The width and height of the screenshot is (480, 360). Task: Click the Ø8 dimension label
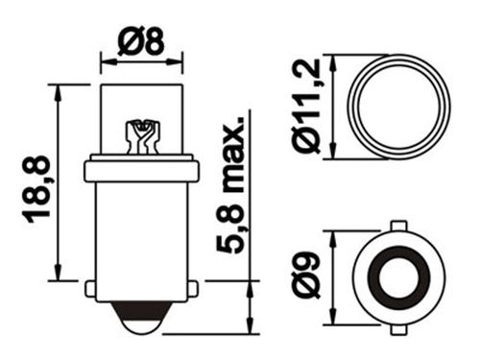(141, 41)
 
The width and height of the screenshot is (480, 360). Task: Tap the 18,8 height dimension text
(36, 189)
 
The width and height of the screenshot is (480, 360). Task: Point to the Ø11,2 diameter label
(306, 107)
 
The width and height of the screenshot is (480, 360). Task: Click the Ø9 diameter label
(306, 276)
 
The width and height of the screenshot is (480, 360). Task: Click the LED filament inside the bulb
(142, 137)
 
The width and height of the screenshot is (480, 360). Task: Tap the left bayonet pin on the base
(90, 289)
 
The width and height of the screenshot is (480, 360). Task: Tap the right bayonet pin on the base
(193, 289)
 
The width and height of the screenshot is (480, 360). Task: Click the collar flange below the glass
(142, 172)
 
